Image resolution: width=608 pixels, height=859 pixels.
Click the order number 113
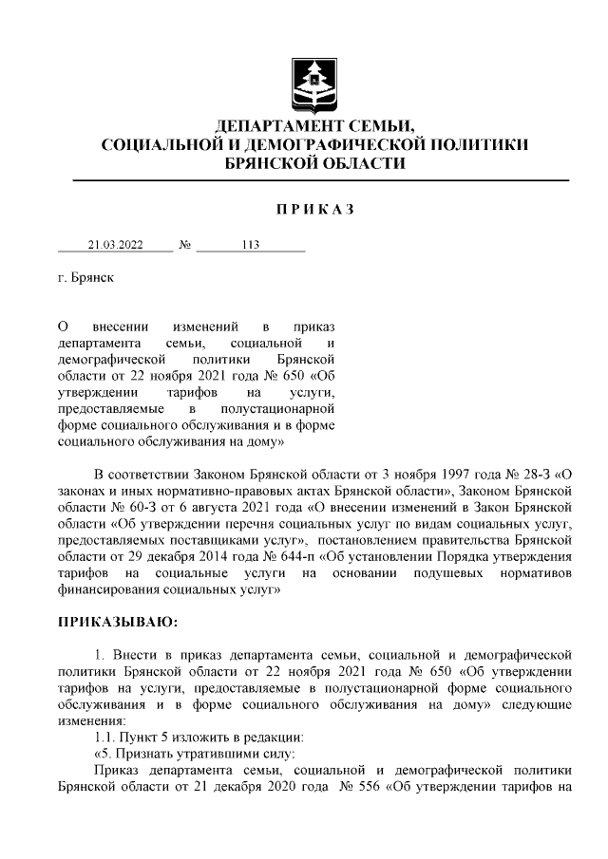click(x=250, y=245)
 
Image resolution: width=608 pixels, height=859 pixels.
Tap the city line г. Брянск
click(x=85, y=281)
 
